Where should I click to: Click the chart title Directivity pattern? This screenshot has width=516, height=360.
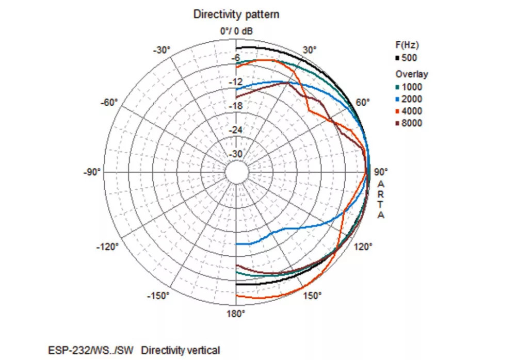[236, 14]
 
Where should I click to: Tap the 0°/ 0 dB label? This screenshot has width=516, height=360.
[236, 31]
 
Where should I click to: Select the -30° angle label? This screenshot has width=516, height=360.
[162, 50]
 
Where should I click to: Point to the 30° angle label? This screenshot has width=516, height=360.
[310, 50]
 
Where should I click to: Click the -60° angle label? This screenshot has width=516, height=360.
[109, 102]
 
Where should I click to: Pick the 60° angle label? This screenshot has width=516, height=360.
[363, 102]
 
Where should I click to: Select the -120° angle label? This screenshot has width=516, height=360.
[107, 247]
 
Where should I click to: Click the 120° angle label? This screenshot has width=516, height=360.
[363, 247]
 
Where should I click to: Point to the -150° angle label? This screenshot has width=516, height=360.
[158, 296]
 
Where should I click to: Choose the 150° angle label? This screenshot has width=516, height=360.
[312, 296]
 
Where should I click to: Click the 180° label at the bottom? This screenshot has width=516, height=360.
[236, 313]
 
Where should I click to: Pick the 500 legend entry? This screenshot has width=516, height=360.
[408, 58]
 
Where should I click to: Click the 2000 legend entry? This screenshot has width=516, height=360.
[411, 99]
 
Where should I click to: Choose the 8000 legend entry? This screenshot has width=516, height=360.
[411, 123]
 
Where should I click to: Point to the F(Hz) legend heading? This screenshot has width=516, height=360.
[407, 45]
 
